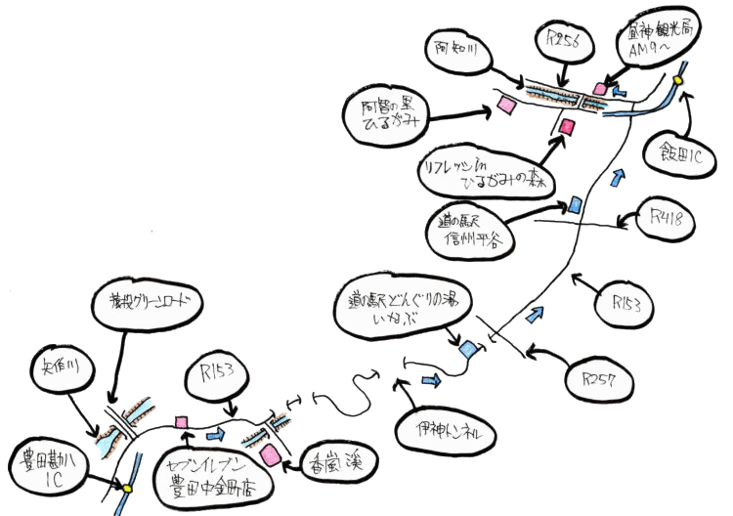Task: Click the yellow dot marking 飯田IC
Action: click(x=677, y=80)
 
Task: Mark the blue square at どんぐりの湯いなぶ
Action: click(x=468, y=348)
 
